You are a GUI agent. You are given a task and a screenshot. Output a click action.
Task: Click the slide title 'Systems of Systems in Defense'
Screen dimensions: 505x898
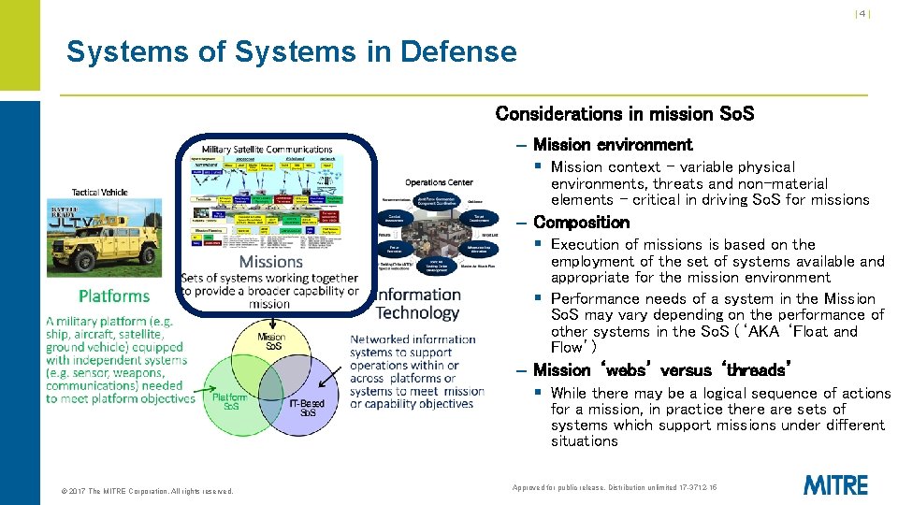point(291,51)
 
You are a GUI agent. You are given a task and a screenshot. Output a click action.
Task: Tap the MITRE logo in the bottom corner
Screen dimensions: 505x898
point(835,484)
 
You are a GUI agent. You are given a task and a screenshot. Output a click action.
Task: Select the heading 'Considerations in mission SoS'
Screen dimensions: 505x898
point(624,114)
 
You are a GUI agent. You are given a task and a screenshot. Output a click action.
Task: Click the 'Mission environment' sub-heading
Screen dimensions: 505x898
point(613,145)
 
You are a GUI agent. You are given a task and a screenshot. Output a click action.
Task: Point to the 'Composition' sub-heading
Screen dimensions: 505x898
point(581,223)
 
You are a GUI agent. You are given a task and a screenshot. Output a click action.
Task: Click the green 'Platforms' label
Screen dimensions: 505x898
point(114,296)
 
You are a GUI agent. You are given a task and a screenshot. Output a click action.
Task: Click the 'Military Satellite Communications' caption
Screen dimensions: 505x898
point(268,150)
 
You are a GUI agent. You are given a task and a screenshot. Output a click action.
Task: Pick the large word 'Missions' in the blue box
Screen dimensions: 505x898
point(271,262)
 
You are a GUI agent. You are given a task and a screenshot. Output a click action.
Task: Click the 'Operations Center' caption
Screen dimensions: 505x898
point(439,182)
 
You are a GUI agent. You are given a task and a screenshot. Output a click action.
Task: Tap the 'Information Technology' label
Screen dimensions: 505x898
point(417,304)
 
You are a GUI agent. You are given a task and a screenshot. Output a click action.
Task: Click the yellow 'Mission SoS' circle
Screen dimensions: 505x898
point(271,347)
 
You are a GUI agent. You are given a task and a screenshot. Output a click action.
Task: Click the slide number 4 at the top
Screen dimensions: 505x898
point(862,14)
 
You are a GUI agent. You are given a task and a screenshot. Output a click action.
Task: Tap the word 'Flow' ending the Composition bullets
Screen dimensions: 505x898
point(568,348)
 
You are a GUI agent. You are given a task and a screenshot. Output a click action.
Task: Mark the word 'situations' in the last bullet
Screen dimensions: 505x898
point(584,441)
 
